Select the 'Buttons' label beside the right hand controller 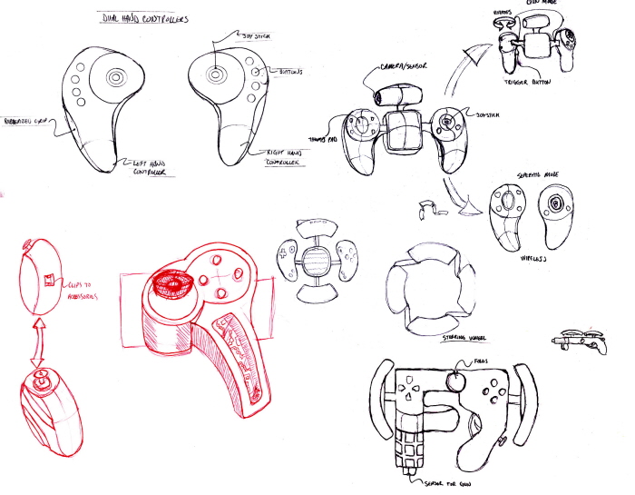[288, 71]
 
